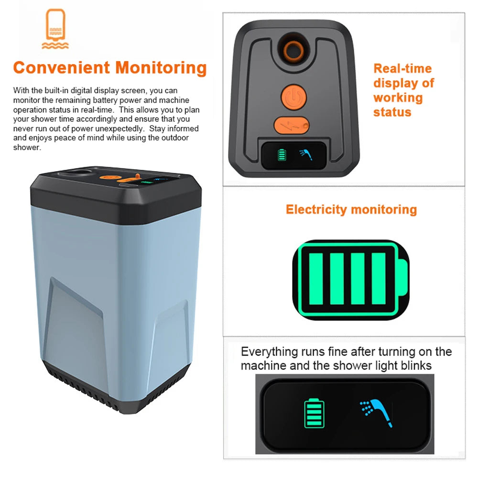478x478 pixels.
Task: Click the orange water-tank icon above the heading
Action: (55, 29)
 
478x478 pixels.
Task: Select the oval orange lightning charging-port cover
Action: (292, 126)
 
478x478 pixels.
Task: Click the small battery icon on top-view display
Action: (282, 155)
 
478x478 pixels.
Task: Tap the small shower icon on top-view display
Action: (305, 154)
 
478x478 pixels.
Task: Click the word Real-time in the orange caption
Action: (402, 68)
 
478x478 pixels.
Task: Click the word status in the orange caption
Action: (392, 112)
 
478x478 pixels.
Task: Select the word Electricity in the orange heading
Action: (316, 209)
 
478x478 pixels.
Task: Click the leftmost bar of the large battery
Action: (316, 279)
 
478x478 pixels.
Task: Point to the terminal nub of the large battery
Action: (402, 279)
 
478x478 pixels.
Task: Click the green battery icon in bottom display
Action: (314, 413)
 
